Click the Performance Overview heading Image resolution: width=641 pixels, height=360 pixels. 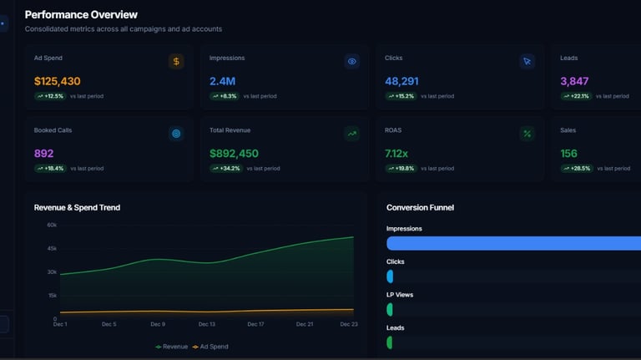81,14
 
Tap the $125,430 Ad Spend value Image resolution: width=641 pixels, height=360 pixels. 58,81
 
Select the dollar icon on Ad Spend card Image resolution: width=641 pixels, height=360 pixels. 175,61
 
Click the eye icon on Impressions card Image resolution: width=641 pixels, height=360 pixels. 351,61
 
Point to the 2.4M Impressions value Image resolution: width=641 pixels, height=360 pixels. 222,81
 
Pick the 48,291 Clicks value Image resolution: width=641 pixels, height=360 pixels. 401,81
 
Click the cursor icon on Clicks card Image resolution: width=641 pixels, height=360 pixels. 527,61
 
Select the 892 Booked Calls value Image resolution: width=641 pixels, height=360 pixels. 43,154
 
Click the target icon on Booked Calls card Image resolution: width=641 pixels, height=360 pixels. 175,134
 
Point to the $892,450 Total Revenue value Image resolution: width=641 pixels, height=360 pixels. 234,154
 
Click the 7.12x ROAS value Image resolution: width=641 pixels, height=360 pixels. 396,154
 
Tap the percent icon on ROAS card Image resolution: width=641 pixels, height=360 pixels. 527,134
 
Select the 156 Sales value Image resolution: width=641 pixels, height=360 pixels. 569,154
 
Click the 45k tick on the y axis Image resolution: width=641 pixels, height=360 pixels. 52,248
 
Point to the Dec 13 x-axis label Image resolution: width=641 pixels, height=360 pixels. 206,324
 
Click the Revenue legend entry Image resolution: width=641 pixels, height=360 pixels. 171,347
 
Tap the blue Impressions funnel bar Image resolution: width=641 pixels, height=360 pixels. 513,243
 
